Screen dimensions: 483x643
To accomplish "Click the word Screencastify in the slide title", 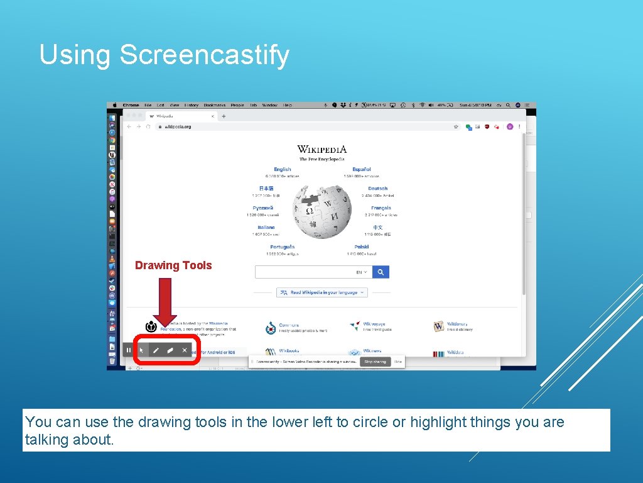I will (204, 55).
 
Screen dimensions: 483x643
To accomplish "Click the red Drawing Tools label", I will (173, 265).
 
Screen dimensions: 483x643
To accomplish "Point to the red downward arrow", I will (165, 302).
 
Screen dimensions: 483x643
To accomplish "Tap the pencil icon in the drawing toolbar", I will (156, 350).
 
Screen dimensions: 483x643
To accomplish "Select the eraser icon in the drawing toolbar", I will (170, 350).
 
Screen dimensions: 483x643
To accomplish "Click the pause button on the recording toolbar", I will (129, 350).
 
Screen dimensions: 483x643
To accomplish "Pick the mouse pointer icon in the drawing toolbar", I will (142, 350).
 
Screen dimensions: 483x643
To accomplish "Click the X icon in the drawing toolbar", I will (185, 350).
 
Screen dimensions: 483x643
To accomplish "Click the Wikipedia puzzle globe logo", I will (322, 211).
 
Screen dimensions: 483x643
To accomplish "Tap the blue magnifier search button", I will (381, 272).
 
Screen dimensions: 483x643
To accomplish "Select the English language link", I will (283, 169).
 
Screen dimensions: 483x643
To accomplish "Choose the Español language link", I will (362, 169).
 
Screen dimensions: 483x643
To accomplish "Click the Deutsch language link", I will (378, 188).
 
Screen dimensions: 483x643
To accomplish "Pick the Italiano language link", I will (266, 228).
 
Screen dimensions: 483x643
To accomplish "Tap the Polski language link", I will (362, 247).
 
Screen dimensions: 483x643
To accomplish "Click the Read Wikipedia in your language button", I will (322, 292).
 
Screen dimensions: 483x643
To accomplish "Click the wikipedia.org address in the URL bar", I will (178, 127).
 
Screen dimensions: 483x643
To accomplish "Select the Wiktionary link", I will (457, 324).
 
